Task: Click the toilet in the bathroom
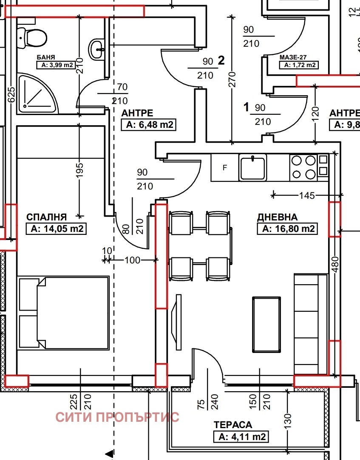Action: (32, 38)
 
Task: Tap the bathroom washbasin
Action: (97, 49)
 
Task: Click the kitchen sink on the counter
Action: (253, 167)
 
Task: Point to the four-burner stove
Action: (309, 167)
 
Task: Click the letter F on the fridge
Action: (225, 167)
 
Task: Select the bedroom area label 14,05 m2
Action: (57, 229)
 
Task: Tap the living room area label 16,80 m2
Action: (287, 229)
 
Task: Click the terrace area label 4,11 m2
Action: (241, 437)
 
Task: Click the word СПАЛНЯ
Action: (46, 217)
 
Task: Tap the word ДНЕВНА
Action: (277, 217)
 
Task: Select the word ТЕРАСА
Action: (232, 425)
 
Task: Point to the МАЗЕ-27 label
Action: (292, 57)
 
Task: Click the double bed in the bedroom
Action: (63, 313)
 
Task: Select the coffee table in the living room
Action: (266, 324)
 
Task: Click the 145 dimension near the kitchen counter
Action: (307, 195)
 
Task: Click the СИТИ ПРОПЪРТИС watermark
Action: (117, 417)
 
